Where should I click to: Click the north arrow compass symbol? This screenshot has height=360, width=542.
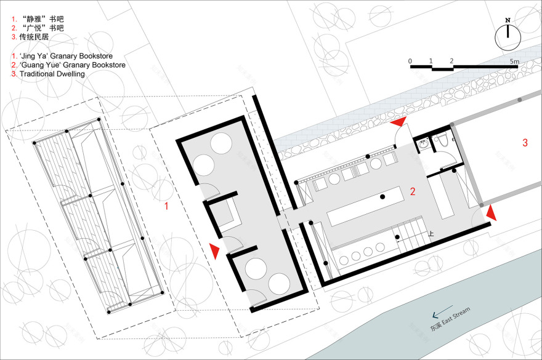[x=508, y=37]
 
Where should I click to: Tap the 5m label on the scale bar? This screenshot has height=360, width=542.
[x=514, y=61]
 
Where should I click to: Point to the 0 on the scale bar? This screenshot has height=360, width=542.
[x=410, y=61]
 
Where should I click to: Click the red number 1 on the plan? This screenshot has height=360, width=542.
[x=166, y=207]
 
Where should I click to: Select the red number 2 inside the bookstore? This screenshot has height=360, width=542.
[x=415, y=191]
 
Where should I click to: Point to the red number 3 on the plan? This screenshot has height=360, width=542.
[x=525, y=143]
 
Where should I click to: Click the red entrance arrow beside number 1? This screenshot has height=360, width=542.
[x=214, y=250]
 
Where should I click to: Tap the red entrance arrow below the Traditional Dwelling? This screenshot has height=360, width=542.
[x=491, y=213]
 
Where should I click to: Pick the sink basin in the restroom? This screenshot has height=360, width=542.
[x=424, y=143]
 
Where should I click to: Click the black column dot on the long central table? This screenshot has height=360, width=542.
[x=382, y=196]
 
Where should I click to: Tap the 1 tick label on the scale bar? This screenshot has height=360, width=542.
[x=431, y=61]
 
